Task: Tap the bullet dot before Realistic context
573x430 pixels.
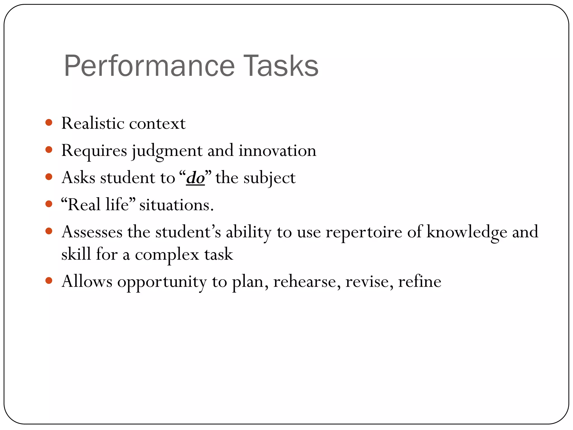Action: coord(49,122)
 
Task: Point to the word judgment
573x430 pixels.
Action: coord(167,151)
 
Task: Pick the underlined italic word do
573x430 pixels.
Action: coord(195,178)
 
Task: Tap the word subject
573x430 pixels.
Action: coord(269,178)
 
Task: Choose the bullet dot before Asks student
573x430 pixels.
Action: coord(49,177)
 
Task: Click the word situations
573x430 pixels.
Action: coord(176,205)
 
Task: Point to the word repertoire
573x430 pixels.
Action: coord(364,232)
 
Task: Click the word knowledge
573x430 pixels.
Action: coord(467,232)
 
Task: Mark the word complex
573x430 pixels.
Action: coord(167,255)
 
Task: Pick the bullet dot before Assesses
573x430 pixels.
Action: coord(49,231)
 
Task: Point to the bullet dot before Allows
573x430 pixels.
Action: coord(49,281)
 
